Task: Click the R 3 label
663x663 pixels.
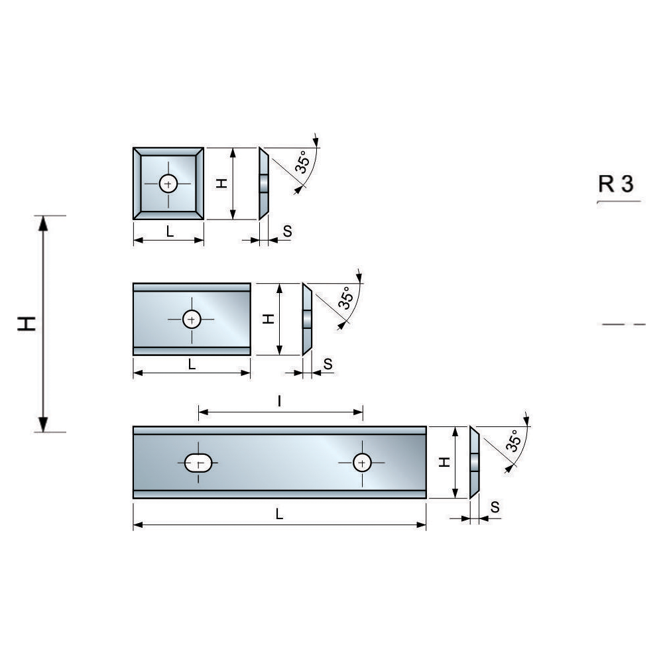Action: click(616, 184)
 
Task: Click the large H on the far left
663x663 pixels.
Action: click(27, 324)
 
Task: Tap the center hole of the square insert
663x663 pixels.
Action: click(168, 184)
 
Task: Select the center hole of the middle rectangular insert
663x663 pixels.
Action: click(192, 320)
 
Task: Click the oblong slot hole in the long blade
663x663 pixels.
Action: click(198, 463)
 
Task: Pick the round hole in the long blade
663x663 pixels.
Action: click(362, 463)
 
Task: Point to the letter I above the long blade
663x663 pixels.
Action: click(280, 400)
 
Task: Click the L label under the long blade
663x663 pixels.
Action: click(279, 514)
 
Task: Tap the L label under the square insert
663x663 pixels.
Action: click(170, 231)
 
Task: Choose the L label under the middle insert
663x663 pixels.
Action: click(192, 364)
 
